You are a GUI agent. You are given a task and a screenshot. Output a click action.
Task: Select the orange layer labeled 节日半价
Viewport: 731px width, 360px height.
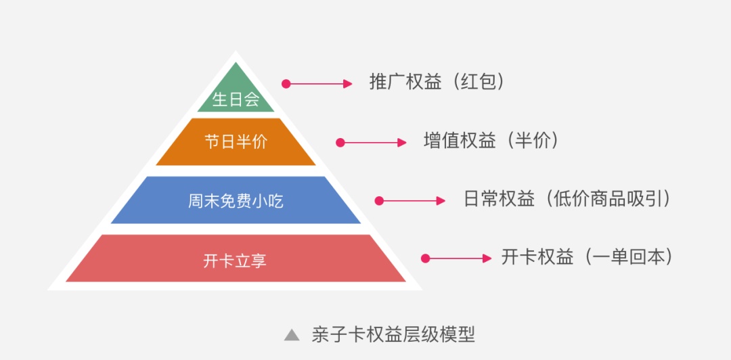(x=236, y=142)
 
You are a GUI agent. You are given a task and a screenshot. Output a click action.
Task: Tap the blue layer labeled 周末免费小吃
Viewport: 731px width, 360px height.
(x=236, y=200)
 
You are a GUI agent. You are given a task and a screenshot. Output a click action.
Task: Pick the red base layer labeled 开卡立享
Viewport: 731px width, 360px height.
(x=236, y=258)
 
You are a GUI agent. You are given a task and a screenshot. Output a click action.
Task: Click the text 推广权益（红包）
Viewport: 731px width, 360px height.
(x=437, y=82)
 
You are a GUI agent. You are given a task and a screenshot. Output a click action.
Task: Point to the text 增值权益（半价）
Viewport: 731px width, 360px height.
(x=491, y=141)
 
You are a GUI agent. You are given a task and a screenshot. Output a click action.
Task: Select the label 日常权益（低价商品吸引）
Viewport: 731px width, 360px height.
(x=567, y=199)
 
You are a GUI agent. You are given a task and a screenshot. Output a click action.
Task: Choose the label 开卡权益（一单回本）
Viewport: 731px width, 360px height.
(x=587, y=257)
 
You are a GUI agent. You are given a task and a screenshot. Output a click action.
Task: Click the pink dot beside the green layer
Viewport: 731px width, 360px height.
(x=286, y=84)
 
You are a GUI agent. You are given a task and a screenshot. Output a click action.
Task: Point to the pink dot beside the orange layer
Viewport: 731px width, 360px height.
(x=340, y=143)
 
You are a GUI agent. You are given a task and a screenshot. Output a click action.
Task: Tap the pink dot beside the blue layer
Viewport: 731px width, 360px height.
(x=380, y=201)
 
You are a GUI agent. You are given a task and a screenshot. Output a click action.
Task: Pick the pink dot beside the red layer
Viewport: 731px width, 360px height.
(x=426, y=258)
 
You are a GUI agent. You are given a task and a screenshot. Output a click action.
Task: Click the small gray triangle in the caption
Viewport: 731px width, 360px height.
(x=292, y=334)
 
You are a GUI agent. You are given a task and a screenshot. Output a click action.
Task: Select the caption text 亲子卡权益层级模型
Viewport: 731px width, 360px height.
(x=393, y=334)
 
